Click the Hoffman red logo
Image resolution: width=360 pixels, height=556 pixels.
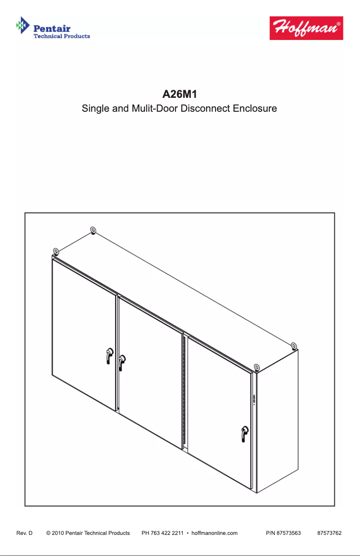(306, 28)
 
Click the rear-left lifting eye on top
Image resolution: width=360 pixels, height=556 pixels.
(93, 231)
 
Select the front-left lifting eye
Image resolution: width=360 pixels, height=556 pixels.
(56, 251)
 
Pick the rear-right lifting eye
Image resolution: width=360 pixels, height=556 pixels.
(294, 346)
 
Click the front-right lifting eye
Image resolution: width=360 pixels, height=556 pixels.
(256, 368)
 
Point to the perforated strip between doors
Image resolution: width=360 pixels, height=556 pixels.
(184, 390)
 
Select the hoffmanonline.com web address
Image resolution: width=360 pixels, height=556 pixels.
(214, 533)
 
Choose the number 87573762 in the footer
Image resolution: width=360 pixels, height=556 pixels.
(329, 533)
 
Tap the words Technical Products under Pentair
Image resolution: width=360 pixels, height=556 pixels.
(62, 36)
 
